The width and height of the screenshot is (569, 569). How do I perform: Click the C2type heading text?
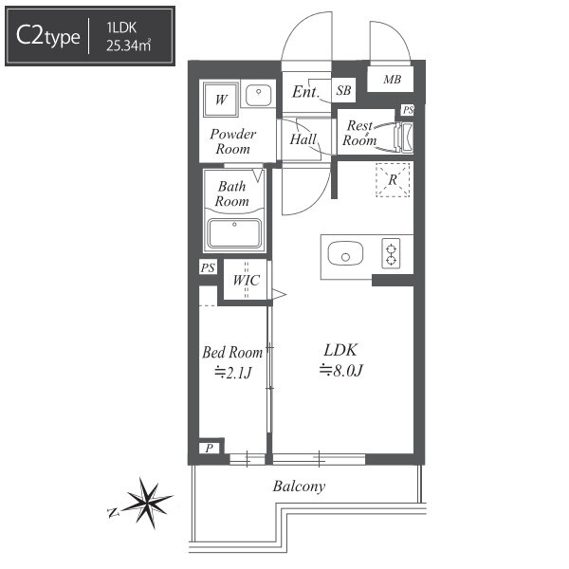tap(48, 36)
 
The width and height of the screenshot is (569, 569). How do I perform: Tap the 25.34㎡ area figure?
tap(128, 46)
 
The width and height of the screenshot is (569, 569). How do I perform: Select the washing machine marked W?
tap(221, 99)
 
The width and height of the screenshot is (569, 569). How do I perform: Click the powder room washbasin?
tap(258, 95)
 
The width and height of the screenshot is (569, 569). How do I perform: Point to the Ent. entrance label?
tap(305, 92)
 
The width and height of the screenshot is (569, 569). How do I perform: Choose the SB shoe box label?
tap(343, 90)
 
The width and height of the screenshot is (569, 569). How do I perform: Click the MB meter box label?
tap(392, 79)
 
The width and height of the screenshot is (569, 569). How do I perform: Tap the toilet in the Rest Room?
tap(404, 138)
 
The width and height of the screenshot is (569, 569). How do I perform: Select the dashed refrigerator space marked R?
tap(393, 180)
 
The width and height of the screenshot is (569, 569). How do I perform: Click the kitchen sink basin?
tap(345, 253)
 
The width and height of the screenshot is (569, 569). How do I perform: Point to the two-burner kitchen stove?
tap(391, 253)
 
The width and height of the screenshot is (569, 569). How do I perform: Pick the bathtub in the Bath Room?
tap(234, 233)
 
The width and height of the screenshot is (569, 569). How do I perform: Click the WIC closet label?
tap(247, 280)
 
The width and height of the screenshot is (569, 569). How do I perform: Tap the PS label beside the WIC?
tap(208, 267)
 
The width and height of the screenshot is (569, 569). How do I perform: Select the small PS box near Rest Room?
tap(408, 110)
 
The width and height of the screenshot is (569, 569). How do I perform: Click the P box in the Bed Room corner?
tap(209, 449)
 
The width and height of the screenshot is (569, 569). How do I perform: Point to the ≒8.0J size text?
tap(340, 371)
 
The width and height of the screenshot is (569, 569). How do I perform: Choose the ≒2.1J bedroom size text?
tap(232, 373)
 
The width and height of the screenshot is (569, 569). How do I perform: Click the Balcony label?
tap(299, 486)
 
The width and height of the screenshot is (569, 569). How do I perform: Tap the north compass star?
tap(146, 502)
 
